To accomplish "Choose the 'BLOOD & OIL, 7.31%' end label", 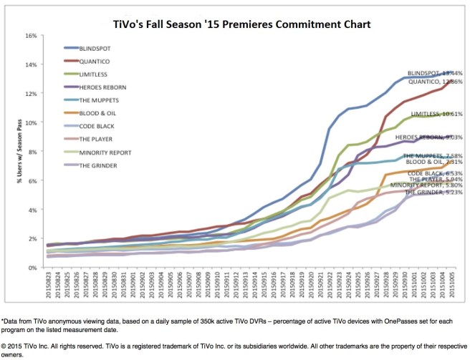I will [433, 162].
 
